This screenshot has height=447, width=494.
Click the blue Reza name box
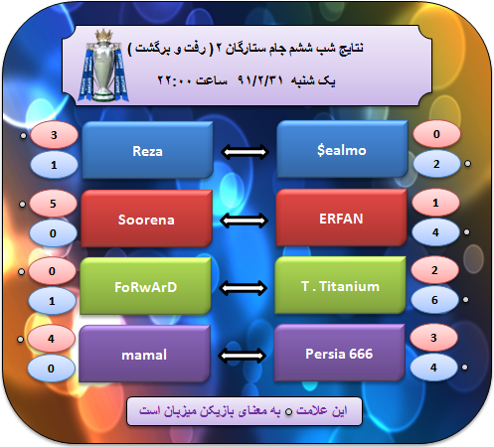click(147, 151)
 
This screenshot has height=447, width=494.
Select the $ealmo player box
click(342, 150)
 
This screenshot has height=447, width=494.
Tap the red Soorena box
click(146, 219)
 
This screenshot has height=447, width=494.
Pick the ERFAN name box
click(341, 219)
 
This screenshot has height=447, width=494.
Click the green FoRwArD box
click(145, 286)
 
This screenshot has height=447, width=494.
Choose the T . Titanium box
click(340, 285)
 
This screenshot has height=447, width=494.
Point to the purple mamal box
click(144, 354)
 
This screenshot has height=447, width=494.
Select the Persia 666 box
click(339, 353)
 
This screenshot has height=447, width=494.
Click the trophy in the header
click(103, 66)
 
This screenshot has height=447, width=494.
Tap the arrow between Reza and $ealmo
click(245, 152)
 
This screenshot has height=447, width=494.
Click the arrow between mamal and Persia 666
click(243, 356)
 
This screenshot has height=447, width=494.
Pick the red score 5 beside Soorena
click(53, 204)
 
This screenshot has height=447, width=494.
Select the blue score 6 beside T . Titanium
click(434, 300)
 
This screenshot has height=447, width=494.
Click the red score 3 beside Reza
click(54, 135)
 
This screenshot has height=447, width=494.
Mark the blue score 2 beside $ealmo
click(436, 164)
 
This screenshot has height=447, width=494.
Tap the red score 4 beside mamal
click(51, 339)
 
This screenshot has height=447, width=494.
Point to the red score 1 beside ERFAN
click(435, 203)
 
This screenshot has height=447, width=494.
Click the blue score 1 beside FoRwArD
click(52, 301)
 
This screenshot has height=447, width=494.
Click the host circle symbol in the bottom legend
click(289, 412)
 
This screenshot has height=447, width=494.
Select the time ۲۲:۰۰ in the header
click(174, 80)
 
